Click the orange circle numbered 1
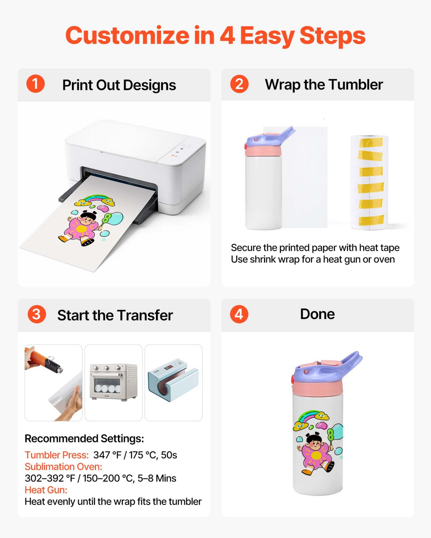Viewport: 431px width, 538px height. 35,84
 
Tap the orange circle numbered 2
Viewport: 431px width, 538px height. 239,84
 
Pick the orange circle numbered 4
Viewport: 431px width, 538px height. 239,314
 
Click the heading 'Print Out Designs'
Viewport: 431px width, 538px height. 119,85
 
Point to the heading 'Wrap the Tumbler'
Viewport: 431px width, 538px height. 324,85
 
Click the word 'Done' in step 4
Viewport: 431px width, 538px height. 317,314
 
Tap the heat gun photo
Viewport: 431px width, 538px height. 53,382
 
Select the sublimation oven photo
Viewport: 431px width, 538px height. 114,382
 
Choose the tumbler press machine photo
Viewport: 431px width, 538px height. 174,382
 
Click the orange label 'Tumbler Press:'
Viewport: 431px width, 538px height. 57,455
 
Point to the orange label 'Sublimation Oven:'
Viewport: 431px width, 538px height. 63,467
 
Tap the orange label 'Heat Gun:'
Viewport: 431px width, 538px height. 46,490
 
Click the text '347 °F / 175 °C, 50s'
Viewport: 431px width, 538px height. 135,455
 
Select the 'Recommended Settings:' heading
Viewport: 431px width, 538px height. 84,439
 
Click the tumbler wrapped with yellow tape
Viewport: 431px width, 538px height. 370,182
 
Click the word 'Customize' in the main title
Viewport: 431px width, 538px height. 127,35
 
